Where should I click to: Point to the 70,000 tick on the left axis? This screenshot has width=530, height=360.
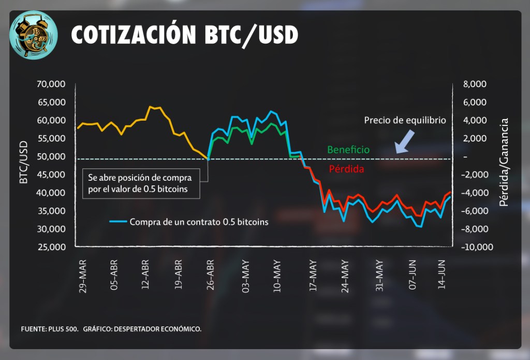click(x=51, y=84)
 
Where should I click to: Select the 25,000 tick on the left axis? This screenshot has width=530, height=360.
click(x=51, y=247)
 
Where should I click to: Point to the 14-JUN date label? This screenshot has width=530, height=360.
click(x=443, y=273)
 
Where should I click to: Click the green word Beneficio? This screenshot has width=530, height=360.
click(x=348, y=150)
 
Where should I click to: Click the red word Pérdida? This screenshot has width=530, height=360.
click(x=346, y=169)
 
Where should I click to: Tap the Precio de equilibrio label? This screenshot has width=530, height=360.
click(x=405, y=120)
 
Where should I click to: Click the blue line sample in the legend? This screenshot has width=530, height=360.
click(x=118, y=222)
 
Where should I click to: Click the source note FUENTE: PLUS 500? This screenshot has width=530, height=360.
click(x=49, y=329)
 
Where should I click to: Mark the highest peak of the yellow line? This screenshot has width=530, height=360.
click(x=150, y=107)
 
